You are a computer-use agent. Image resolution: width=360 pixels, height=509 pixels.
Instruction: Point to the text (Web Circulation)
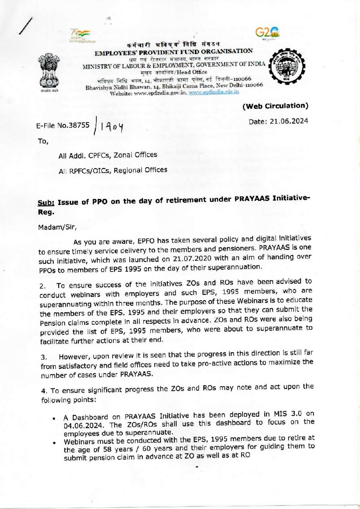[275, 106]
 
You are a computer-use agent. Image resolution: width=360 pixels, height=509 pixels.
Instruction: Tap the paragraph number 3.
[43, 357]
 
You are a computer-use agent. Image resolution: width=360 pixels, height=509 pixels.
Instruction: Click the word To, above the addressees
[43, 141]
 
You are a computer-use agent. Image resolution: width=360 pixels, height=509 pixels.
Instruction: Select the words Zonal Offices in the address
[135, 155]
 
